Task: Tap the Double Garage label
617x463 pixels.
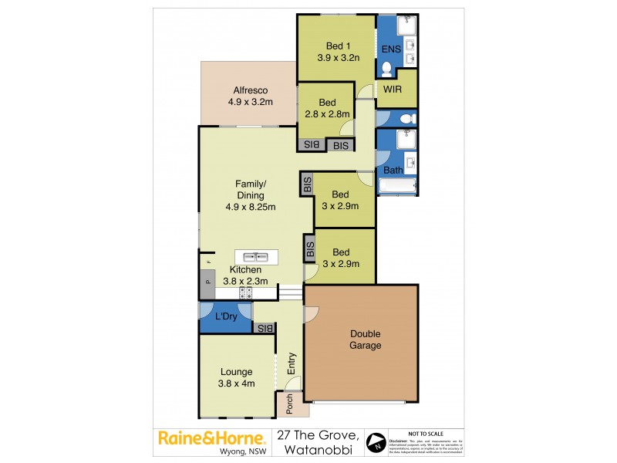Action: click(x=366, y=340)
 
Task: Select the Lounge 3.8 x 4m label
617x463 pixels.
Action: click(x=235, y=377)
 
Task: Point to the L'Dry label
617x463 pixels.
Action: click(x=226, y=317)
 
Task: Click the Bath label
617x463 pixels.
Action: click(x=393, y=170)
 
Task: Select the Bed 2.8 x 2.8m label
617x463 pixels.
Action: click(x=327, y=109)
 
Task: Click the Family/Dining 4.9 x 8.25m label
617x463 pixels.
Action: click(x=250, y=195)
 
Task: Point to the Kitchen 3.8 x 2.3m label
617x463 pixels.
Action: click(x=245, y=275)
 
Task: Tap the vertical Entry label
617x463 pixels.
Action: click(x=292, y=365)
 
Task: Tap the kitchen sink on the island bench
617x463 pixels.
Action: click(x=256, y=256)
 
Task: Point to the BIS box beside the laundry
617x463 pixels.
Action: click(x=265, y=328)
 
